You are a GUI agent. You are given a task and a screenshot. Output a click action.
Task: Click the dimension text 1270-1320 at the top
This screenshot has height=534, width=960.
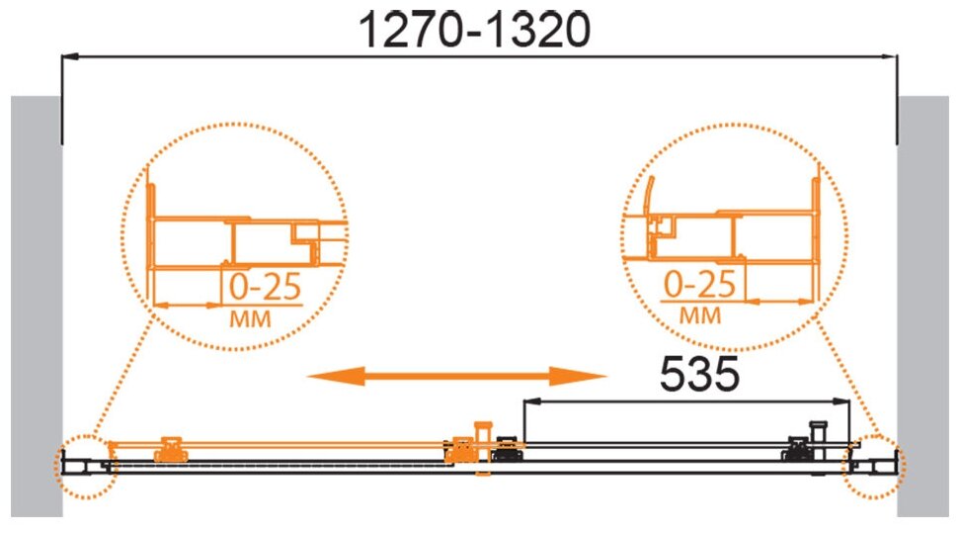click(x=473, y=33)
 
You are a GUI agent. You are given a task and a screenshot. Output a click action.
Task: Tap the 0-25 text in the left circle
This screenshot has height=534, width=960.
click(x=264, y=288)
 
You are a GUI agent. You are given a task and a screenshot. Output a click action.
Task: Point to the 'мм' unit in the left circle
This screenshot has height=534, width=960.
click(x=251, y=319)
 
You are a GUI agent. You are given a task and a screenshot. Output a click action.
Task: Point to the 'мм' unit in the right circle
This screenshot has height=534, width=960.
click(x=701, y=316)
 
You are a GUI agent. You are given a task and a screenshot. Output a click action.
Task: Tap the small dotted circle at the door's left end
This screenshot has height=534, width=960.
click(x=87, y=466)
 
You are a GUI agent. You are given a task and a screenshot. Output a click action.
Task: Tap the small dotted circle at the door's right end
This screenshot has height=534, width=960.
click(x=871, y=465)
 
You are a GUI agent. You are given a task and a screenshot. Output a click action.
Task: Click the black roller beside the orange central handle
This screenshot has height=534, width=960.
click(x=508, y=452)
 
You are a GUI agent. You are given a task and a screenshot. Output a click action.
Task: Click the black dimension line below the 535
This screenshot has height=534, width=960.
click(x=685, y=400)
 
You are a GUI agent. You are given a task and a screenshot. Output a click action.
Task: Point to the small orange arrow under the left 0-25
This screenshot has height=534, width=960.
click(x=189, y=305)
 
